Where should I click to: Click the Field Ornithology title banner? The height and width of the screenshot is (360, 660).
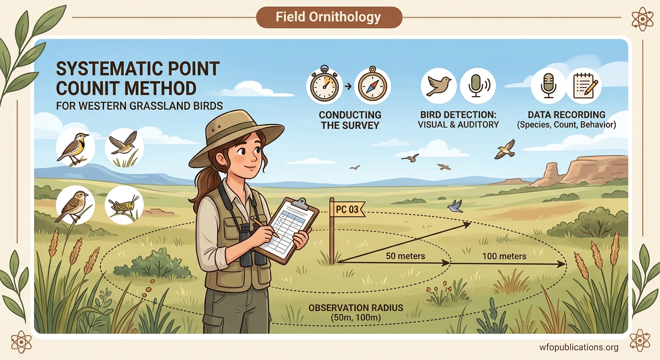click(329, 17)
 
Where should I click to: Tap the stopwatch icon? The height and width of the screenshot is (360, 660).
click(324, 86)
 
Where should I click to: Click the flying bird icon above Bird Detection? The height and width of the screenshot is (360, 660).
click(438, 86)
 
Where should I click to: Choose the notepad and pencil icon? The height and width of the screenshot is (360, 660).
click(583, 86)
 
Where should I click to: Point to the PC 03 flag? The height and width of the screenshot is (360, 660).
click(347, 209)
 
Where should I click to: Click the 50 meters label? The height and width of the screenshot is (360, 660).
click(405, 256)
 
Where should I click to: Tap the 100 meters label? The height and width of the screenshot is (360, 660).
click(504, 256)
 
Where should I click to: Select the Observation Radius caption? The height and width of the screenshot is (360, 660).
click(357, 313)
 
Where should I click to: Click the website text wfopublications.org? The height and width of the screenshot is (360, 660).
click(578, 347)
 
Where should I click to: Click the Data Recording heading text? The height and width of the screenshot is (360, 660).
click(566, 115)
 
